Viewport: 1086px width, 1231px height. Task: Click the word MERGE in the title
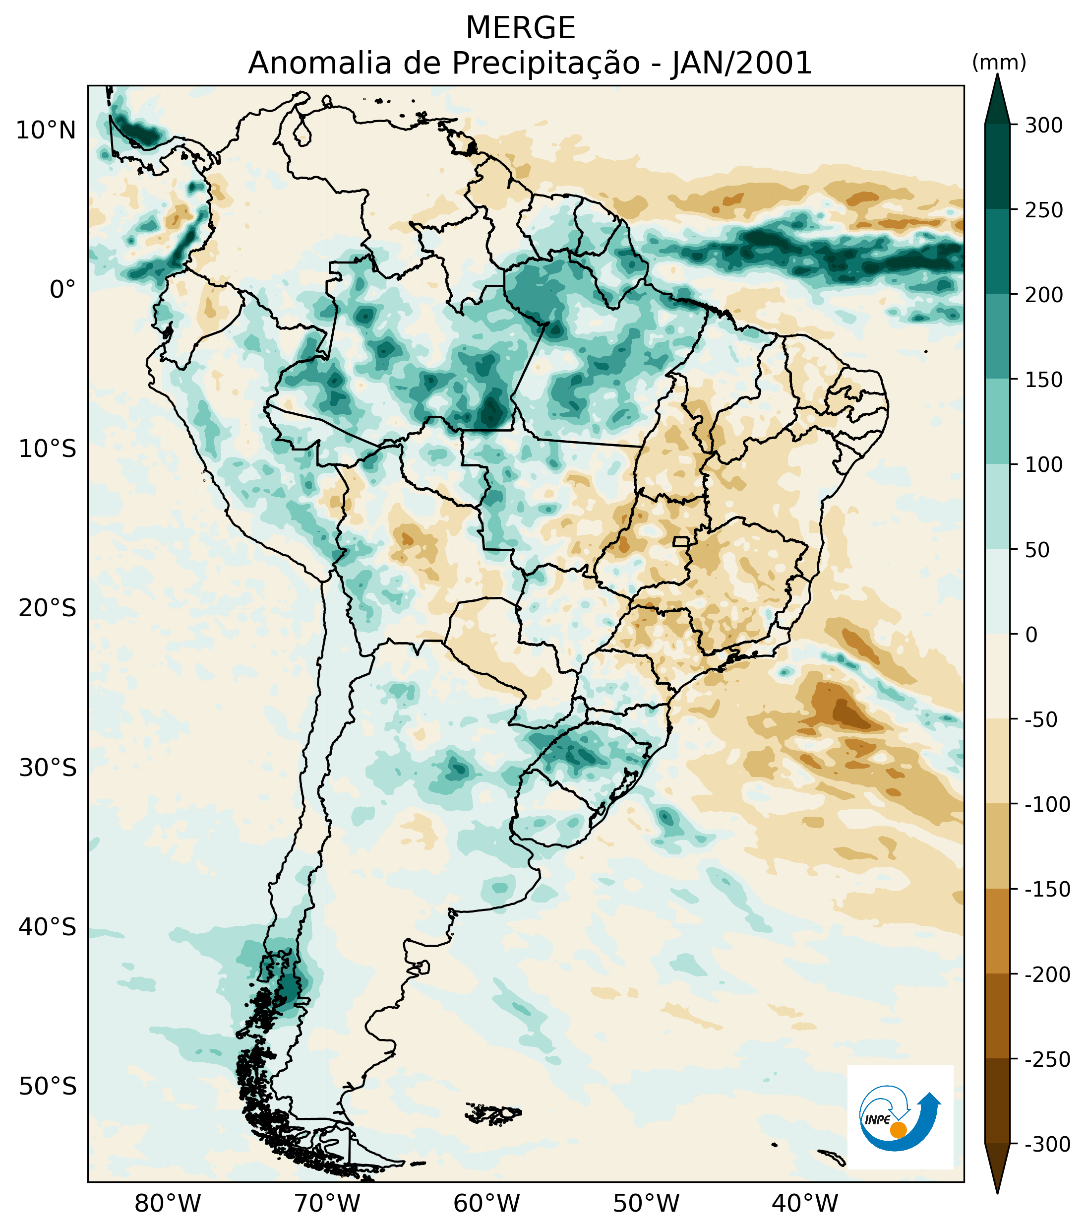521,28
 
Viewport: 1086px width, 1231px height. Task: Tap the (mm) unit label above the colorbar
999,62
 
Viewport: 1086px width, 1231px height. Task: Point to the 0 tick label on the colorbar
1031,635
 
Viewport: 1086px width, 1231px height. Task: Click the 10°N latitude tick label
46,130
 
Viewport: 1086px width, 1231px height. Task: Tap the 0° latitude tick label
62,290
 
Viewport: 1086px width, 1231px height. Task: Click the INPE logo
900,1118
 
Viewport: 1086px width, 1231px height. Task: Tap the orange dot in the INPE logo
898,1130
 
